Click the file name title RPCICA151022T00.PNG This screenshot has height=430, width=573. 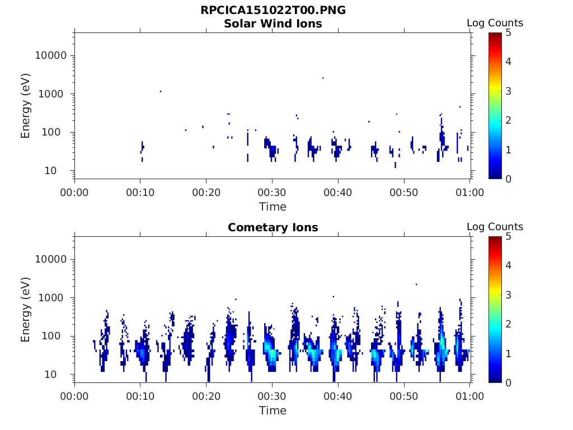pos(273,11)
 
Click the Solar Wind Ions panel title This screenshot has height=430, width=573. pos(273,24)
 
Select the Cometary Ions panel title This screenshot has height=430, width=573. pos(273,228)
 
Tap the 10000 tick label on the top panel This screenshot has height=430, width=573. pos(51,56)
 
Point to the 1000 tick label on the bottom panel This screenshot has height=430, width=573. pos(54,298)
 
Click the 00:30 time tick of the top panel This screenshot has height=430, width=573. pos(272,193)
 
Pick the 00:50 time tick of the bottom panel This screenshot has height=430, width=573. pos(404,396)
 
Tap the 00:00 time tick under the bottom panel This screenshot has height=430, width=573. pos(74,396)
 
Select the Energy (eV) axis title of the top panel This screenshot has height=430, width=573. pos(26,105)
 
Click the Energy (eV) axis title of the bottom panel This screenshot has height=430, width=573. pos(26,309)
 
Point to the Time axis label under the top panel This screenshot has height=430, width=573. pos(273,207)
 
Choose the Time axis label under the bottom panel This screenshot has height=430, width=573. pos(273,410)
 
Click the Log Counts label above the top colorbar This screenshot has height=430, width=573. pos(495,23)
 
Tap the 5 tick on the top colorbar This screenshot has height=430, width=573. pos(508,32)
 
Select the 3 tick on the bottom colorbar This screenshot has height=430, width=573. pos(508,295)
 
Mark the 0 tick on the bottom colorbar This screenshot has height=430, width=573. pos(508,382)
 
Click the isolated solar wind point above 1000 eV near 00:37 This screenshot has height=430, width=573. pos(323,78)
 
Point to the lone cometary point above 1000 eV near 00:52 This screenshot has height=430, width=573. pos(416,284)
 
